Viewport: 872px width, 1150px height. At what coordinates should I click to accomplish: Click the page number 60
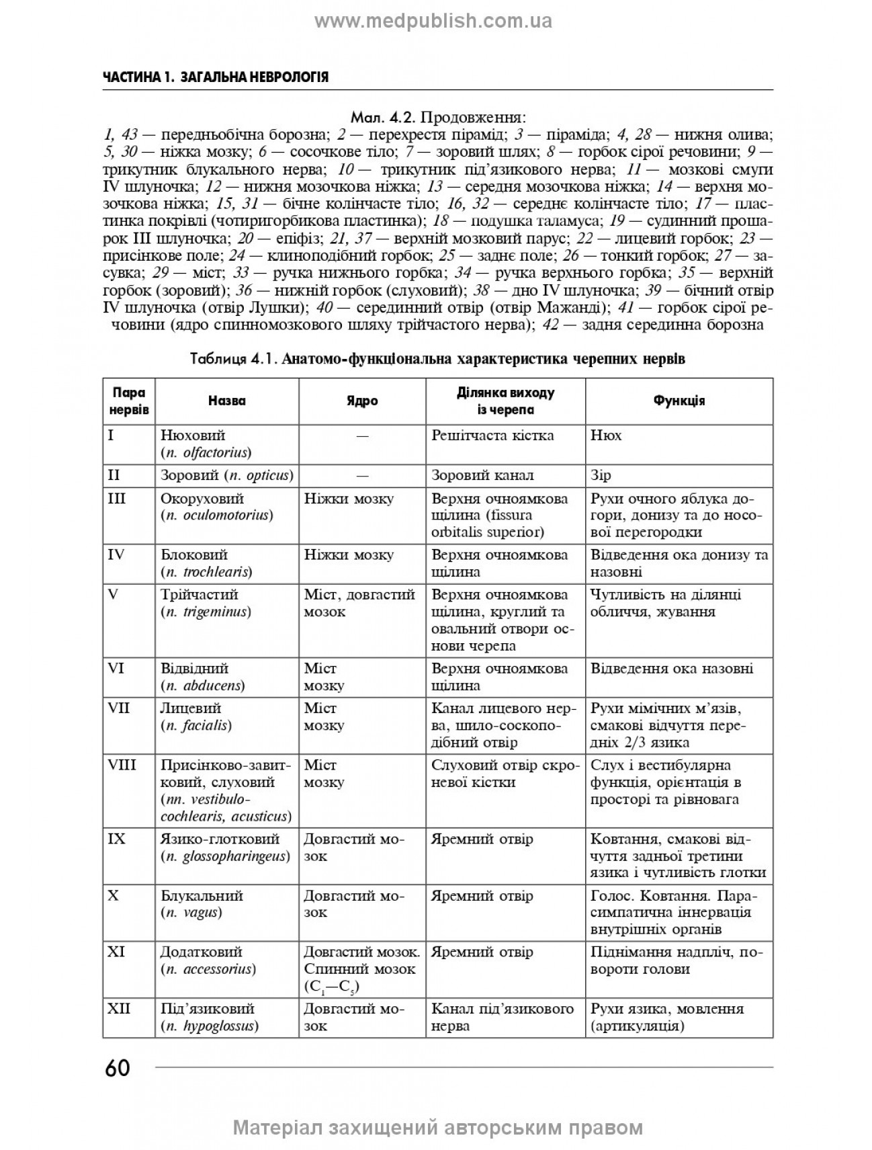118,1068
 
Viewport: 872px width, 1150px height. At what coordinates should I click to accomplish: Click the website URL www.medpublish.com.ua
433,22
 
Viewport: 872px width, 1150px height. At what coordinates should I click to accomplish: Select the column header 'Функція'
679,401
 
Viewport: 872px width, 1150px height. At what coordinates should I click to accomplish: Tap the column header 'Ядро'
362,401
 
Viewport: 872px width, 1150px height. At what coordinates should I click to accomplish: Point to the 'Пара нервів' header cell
128,401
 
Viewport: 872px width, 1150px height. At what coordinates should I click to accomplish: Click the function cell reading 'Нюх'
606,436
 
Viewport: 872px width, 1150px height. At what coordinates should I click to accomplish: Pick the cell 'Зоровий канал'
482,475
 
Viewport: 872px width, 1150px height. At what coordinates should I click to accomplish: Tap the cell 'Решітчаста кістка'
492,436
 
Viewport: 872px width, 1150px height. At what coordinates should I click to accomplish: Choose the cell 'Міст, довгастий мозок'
359,603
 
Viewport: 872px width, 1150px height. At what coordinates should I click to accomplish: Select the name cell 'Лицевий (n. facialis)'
195,716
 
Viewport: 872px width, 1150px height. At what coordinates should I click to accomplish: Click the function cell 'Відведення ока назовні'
672,668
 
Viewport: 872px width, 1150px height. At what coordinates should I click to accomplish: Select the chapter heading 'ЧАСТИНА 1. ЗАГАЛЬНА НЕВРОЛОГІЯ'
216,77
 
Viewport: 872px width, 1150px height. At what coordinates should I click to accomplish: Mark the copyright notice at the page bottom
437,1127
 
